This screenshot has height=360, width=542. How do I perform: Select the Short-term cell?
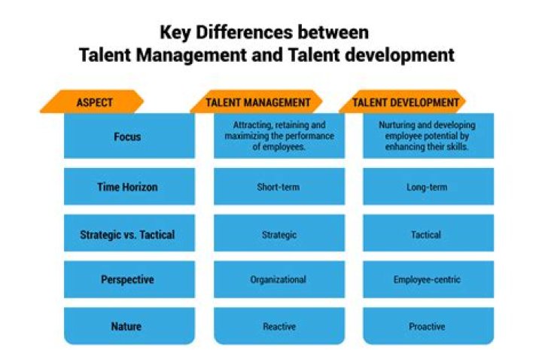278,187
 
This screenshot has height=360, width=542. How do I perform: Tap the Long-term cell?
427,187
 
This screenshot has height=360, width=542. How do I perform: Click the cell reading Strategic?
278,234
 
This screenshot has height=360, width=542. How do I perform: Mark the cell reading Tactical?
427,234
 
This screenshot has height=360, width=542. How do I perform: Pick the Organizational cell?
278,279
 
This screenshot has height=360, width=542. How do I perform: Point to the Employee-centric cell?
427,279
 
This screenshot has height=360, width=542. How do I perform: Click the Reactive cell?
278,326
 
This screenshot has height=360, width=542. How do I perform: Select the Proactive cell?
427,326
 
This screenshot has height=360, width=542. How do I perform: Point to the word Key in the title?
175,33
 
